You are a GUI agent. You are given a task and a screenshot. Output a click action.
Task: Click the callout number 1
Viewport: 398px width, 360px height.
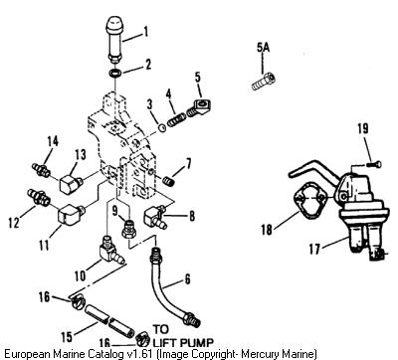coord(144,32)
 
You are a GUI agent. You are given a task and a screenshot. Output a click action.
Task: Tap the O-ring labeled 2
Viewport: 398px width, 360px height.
coord(115,74)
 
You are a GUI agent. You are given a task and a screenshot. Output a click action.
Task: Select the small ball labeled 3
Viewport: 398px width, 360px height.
coord(162,128)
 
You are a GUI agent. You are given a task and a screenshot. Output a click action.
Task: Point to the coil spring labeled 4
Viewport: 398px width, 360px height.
coord(176,119)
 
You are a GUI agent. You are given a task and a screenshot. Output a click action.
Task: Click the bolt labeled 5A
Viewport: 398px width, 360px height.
coord(263,82)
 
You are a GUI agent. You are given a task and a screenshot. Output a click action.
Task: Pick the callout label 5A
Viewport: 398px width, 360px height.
coord(264,48)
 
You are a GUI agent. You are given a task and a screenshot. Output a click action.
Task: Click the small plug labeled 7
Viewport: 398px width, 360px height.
coord(169,181)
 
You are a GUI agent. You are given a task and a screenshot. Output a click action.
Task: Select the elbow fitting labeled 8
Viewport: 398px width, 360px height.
coord(155,217)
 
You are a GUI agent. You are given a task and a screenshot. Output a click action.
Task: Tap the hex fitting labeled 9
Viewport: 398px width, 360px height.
coord(128,230)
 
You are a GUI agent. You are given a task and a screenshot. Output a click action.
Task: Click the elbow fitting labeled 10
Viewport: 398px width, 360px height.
coord(110,252)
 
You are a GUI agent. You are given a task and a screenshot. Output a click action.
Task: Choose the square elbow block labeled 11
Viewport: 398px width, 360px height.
coord(70,214)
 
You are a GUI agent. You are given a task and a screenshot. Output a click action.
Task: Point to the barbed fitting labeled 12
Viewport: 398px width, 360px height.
coord(38,198)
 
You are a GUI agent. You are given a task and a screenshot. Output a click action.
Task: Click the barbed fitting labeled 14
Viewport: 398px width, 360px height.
coord(41,170)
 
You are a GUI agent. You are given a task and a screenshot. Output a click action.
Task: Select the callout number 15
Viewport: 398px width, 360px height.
coord(67,337)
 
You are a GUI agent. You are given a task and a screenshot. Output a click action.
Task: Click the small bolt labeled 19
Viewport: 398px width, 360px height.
coord(374,164)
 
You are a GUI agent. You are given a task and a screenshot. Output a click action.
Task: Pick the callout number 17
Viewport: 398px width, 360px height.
coord(314,249)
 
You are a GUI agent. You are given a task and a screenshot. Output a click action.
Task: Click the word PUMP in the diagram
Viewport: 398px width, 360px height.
coord(196,342)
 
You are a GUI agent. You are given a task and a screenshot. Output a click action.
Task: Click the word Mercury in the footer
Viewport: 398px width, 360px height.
coord(256,353)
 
